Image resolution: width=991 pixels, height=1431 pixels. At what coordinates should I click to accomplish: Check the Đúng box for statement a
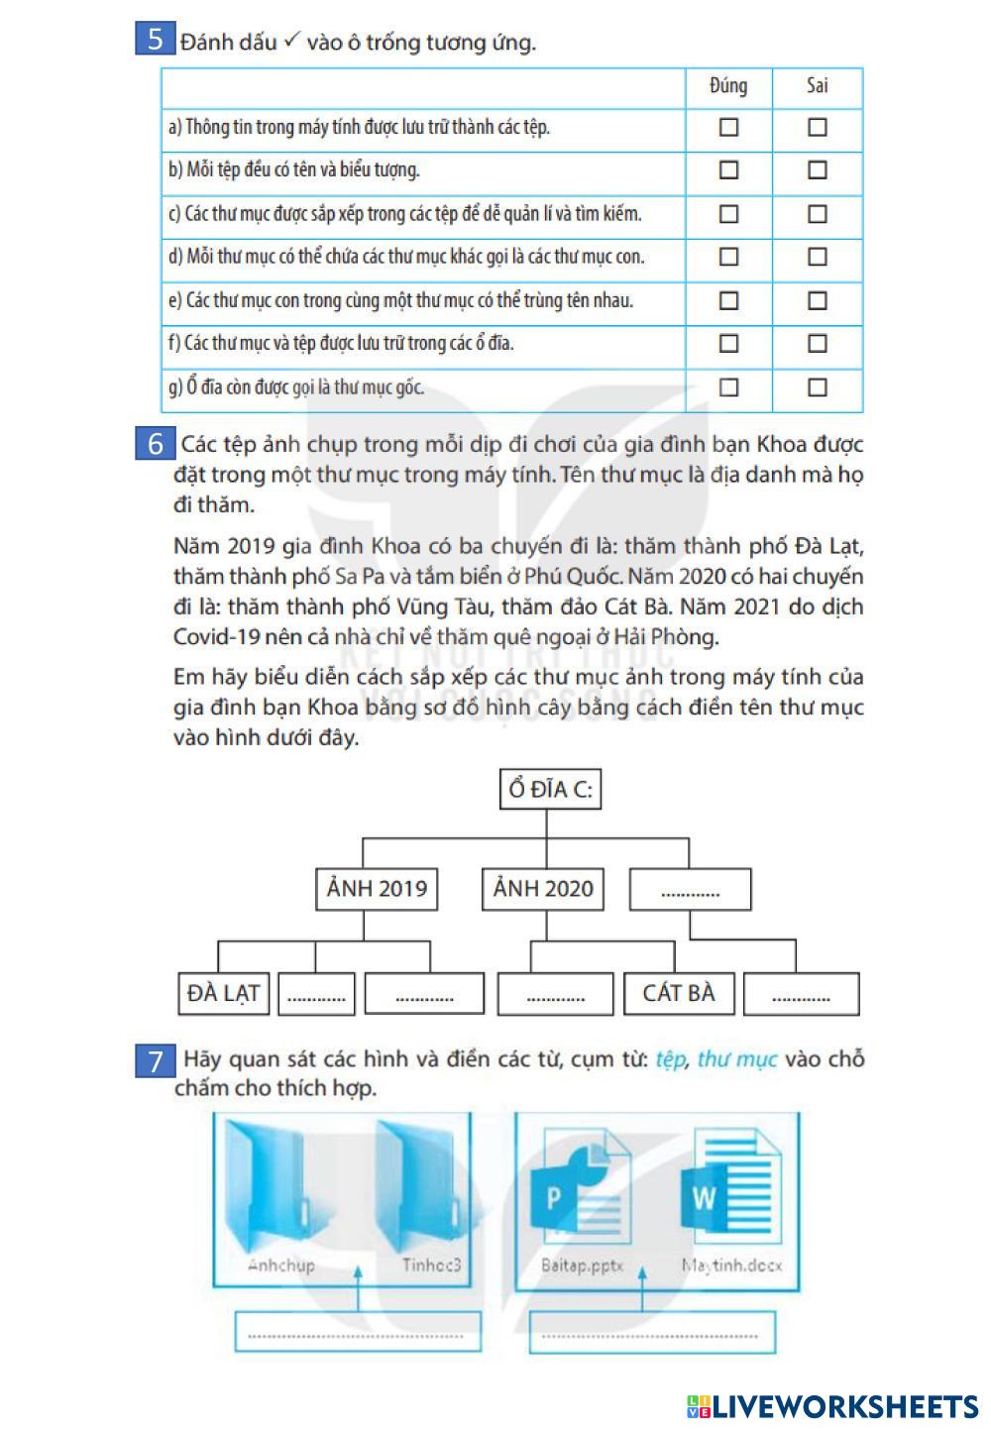click(x=728, y=127)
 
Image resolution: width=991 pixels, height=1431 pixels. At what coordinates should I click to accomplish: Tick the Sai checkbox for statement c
click(x=817, y=213)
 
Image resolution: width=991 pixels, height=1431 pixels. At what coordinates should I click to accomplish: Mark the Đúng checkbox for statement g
click(x=728, y=386)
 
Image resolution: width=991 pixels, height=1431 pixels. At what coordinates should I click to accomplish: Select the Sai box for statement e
click(x=817, y=300)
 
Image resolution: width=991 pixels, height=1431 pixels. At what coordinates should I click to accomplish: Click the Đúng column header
click(x=728, y=86)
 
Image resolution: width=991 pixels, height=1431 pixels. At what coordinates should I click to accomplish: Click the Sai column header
click(x=817, y=86)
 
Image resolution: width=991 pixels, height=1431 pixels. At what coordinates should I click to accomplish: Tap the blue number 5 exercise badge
click(x=155, y=39)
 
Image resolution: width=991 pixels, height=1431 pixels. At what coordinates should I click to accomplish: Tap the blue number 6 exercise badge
click(x=155, y=443)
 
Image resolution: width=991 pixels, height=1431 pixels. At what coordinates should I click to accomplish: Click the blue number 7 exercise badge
click(x=155, y=1061)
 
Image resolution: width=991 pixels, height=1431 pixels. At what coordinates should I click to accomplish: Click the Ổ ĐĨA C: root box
click(x=549, y=789)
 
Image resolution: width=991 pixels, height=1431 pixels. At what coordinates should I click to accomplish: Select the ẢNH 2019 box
click(x=377, y=888)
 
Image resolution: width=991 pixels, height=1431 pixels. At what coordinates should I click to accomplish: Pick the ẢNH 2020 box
click(x=543, y=888)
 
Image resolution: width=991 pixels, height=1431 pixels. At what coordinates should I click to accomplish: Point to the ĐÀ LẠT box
click(x=223, y=993)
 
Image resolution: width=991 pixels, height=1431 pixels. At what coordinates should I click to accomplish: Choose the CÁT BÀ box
click(x=679, y=993)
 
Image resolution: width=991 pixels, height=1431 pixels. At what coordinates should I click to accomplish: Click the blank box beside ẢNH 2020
click(x=690, y=889)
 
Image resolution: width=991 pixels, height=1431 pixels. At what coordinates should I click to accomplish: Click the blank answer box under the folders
click(x=358, y=1331)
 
